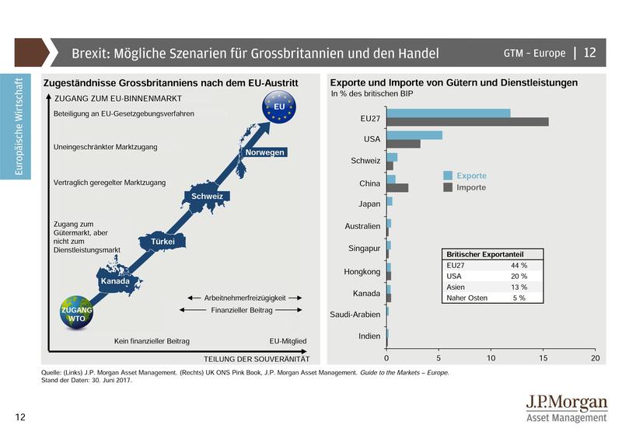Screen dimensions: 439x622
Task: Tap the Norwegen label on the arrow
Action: pyautogui.click(x=264, y=152)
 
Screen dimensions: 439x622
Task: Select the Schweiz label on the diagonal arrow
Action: pyautogui.click(x=208, y=197)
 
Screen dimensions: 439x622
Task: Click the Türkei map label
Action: pyautogui.click(x=162, y=242)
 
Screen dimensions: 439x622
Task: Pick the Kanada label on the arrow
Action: pyautogui.click(x=115, y=280)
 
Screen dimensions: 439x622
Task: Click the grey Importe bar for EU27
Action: pyautogui.click(x=467, y=122)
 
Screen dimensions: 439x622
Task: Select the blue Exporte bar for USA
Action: pyautogui.click(x=414, y=135)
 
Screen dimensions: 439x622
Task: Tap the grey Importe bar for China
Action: pyautogui.click(x=397, y=187)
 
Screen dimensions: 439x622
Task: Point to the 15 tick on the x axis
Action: pyautogui.click(x=543, y=358)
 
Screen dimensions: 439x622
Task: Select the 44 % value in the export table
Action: pyautogui.click(x=519, y=266)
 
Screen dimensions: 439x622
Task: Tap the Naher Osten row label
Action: pyautogui.click(x=467, y=298)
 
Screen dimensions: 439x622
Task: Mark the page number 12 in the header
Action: pyautogui.click(x=589, y=53)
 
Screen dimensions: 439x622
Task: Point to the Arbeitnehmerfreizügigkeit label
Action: pyautogui.click(x=244, y=298)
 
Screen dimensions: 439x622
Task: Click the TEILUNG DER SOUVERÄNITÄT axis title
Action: pyautogui.click(x=257, y=359)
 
